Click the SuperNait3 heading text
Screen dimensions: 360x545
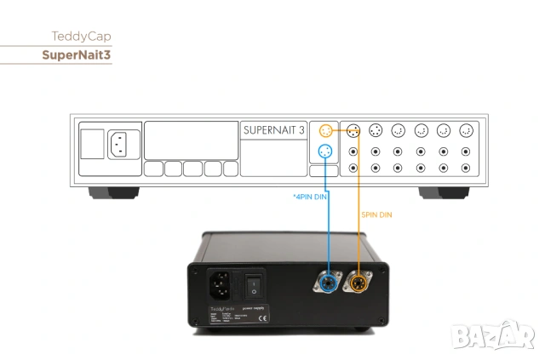(x=77, y=55)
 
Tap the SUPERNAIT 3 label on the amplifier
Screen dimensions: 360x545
(x=272, y=130)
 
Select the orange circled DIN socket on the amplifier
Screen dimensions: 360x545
(x=325, y=131)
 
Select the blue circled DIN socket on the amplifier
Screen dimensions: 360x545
(x=325, y=152)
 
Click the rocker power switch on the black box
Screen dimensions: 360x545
(x=252, y=283)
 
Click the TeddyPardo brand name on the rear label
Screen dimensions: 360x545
(x=221, y=307)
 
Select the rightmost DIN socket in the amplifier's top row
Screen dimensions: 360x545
(x=465, y=131)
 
